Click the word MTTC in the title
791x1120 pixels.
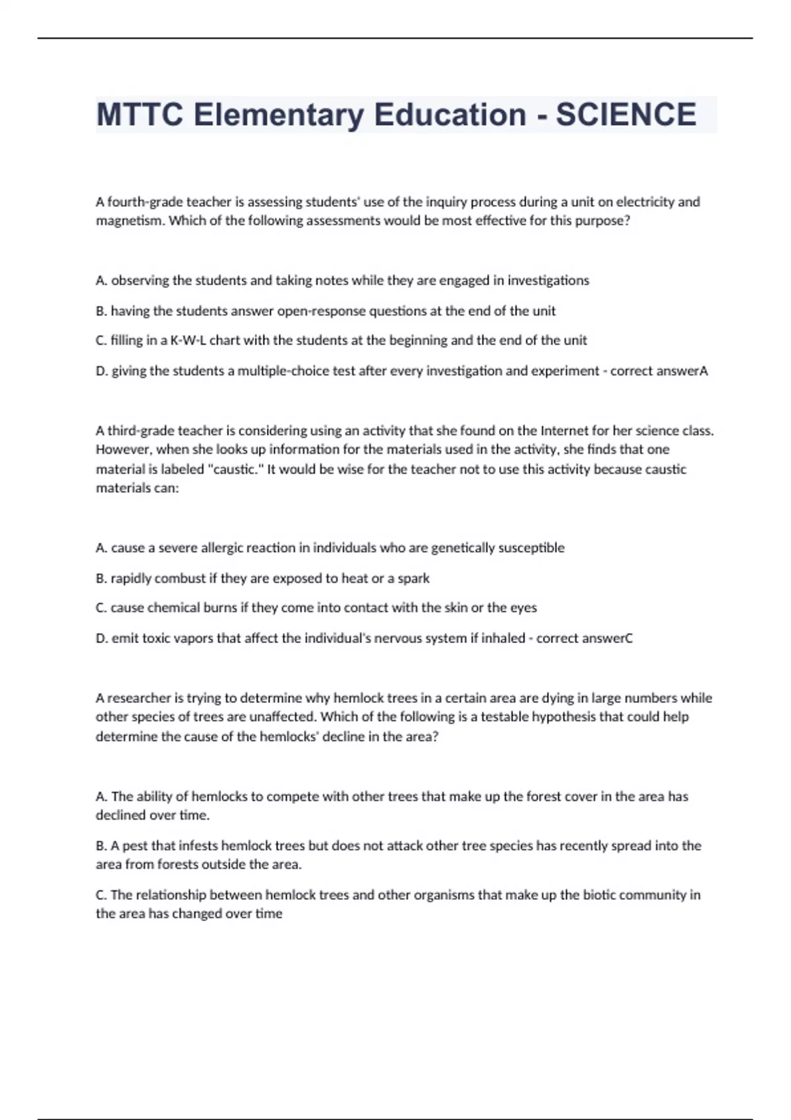140,115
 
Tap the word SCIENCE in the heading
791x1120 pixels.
626,115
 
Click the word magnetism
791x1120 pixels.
130,221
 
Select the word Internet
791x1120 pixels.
564,431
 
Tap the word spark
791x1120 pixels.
413,578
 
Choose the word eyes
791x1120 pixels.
523,608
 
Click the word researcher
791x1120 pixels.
139,698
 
